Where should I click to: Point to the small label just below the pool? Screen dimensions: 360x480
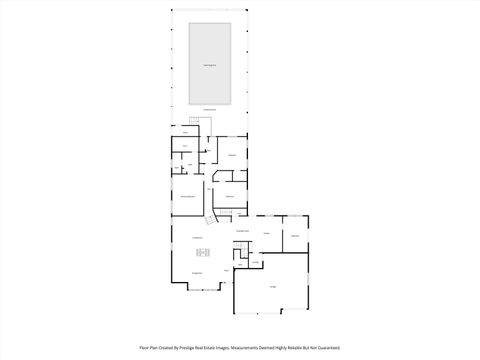pyautogui.click(x=210, y=109)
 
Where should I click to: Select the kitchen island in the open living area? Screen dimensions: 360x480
pyautogui.click(x=203, y=252)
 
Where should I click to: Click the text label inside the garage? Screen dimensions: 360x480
pyautogui.click(x=272, y=286)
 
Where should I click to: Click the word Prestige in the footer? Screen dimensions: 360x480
pyautogui.click(x=204, y=348)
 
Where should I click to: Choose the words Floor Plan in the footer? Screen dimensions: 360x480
pyautogui.click(x=150, y=348)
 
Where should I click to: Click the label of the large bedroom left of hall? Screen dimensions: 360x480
pyautogui.click(x=187, y=196)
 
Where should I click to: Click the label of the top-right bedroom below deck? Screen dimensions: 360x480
pyautogui.click(x=232, y=155)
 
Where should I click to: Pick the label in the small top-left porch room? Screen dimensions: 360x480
pyautogui.click(x=185, y=131)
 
